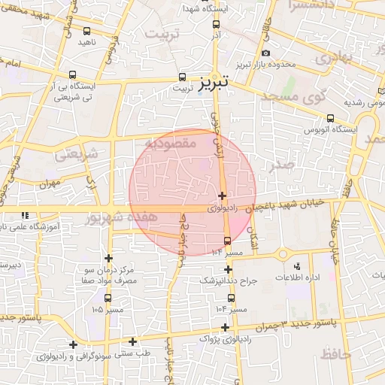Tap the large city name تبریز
tap(217, 82)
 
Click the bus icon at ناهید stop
tap(87, 32)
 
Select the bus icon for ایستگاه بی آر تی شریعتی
tap(72, 74)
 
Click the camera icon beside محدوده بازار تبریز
tap(265, 53)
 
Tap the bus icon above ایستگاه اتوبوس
tap(331, 118)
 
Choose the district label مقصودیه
tap(171, 142)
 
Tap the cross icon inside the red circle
tap(222, 196)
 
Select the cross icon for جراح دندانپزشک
tap(229, 269)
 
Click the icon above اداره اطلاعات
tap(297, 266)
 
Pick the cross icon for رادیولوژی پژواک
tap(226, 326)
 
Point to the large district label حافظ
tap(336, 353)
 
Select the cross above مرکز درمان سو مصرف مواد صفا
tap(108, 258)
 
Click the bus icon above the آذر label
tap(217, 23)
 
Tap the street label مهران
tap(50, 183)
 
